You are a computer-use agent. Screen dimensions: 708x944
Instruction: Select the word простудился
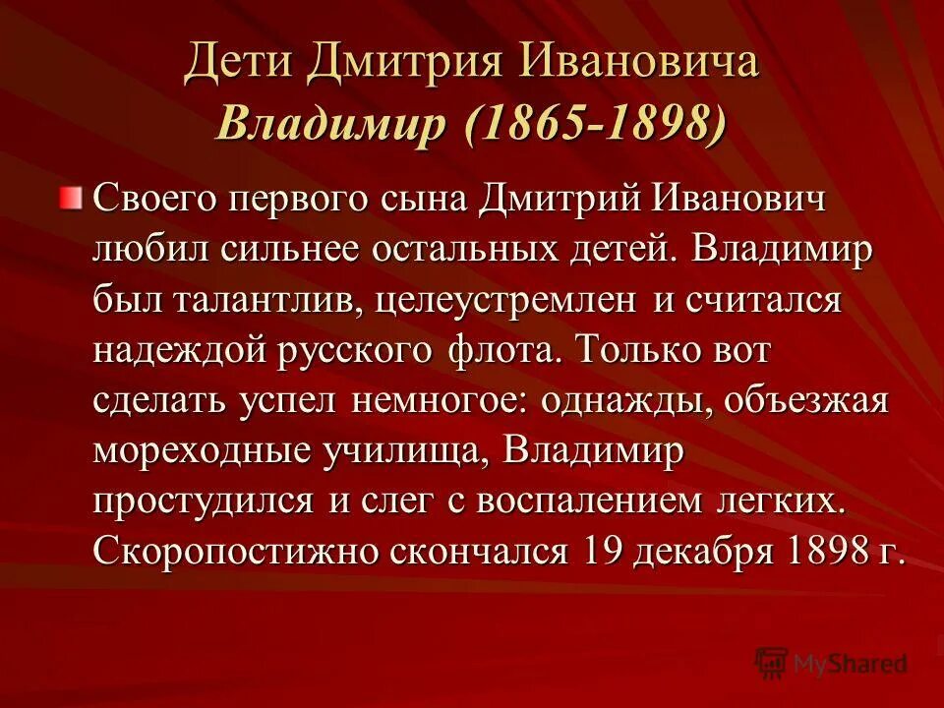[205, 501]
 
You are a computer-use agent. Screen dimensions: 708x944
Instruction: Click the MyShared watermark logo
[831, 663]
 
